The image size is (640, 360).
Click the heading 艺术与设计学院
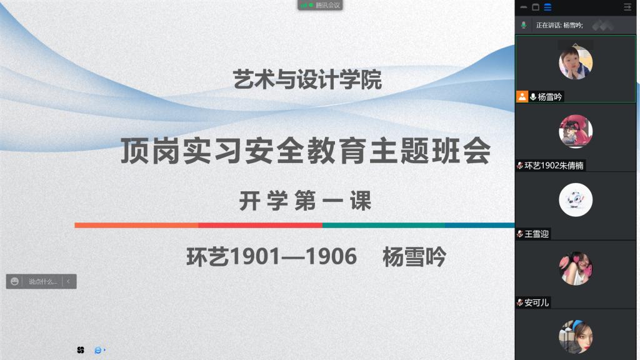pyautogui.click(x=307, y=79)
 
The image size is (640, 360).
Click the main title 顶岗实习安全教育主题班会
pyautogui.click(x=306, y=151)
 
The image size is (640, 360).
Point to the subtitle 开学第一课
pyautogui.click(x=305, y=201)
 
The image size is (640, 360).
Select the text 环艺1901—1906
pyautogui.click(x=271, y=257)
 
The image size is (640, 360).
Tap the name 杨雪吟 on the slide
pyautogui.click(x=414, y=257)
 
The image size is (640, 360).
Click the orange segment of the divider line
pyautogui.click(x=136, y=225)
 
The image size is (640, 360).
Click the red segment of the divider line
pyautogui.click(x=261, y=225)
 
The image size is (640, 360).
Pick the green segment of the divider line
pyautogui.click(x=384, y=225)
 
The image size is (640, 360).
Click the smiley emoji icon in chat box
pyautogui.click(x=15, y=281)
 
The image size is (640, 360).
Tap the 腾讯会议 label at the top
pyautogui.click(x=327, y=5)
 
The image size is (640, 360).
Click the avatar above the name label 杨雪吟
pyautogui.click(x=576, y=62)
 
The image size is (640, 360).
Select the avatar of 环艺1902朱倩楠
pyautogui.click(x=576, y=131)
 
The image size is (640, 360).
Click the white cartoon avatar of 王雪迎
pyautogui.click(x=576, y=199)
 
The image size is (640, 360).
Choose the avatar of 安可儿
pyautogui.click(x=576, y=268)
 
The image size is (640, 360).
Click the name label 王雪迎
pyautogui.click(x=537, y=234)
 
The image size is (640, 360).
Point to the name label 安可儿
pyautogui.click(x=537, y=302)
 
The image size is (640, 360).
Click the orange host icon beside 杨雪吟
pyautogui.click(x=522, y=96)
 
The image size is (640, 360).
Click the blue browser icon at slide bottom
pyautogui.click(x=98, y=350)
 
